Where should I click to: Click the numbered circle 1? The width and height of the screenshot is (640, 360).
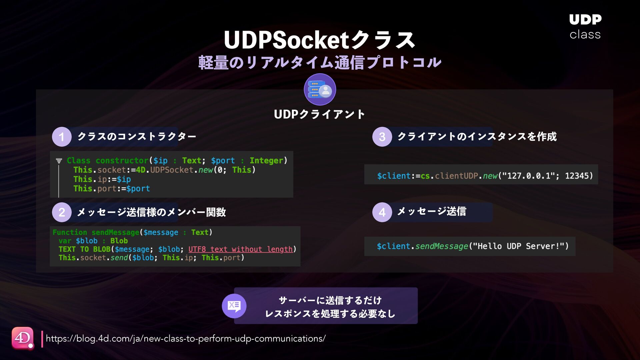62,137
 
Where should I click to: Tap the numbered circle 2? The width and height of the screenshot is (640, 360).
62,212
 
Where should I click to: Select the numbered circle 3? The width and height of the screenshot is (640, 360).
382,137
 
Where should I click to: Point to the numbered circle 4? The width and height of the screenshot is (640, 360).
382,212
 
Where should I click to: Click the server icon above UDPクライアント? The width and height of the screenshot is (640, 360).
320,89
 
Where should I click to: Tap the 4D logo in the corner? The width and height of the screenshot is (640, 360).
23,338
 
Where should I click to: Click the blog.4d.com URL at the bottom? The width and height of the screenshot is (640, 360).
186,339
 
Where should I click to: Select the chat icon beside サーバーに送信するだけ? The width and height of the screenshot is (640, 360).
234,306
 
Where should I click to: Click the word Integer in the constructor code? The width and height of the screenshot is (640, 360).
266,161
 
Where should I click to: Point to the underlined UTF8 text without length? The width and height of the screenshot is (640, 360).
240,249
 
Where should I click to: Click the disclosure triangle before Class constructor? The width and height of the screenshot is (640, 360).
59,161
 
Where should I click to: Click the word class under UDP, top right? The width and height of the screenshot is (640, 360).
585,35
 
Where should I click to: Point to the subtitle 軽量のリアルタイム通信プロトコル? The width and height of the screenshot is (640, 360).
320,63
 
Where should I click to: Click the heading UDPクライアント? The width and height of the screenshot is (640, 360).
319,114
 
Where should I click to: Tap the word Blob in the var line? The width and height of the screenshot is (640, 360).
119,241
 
